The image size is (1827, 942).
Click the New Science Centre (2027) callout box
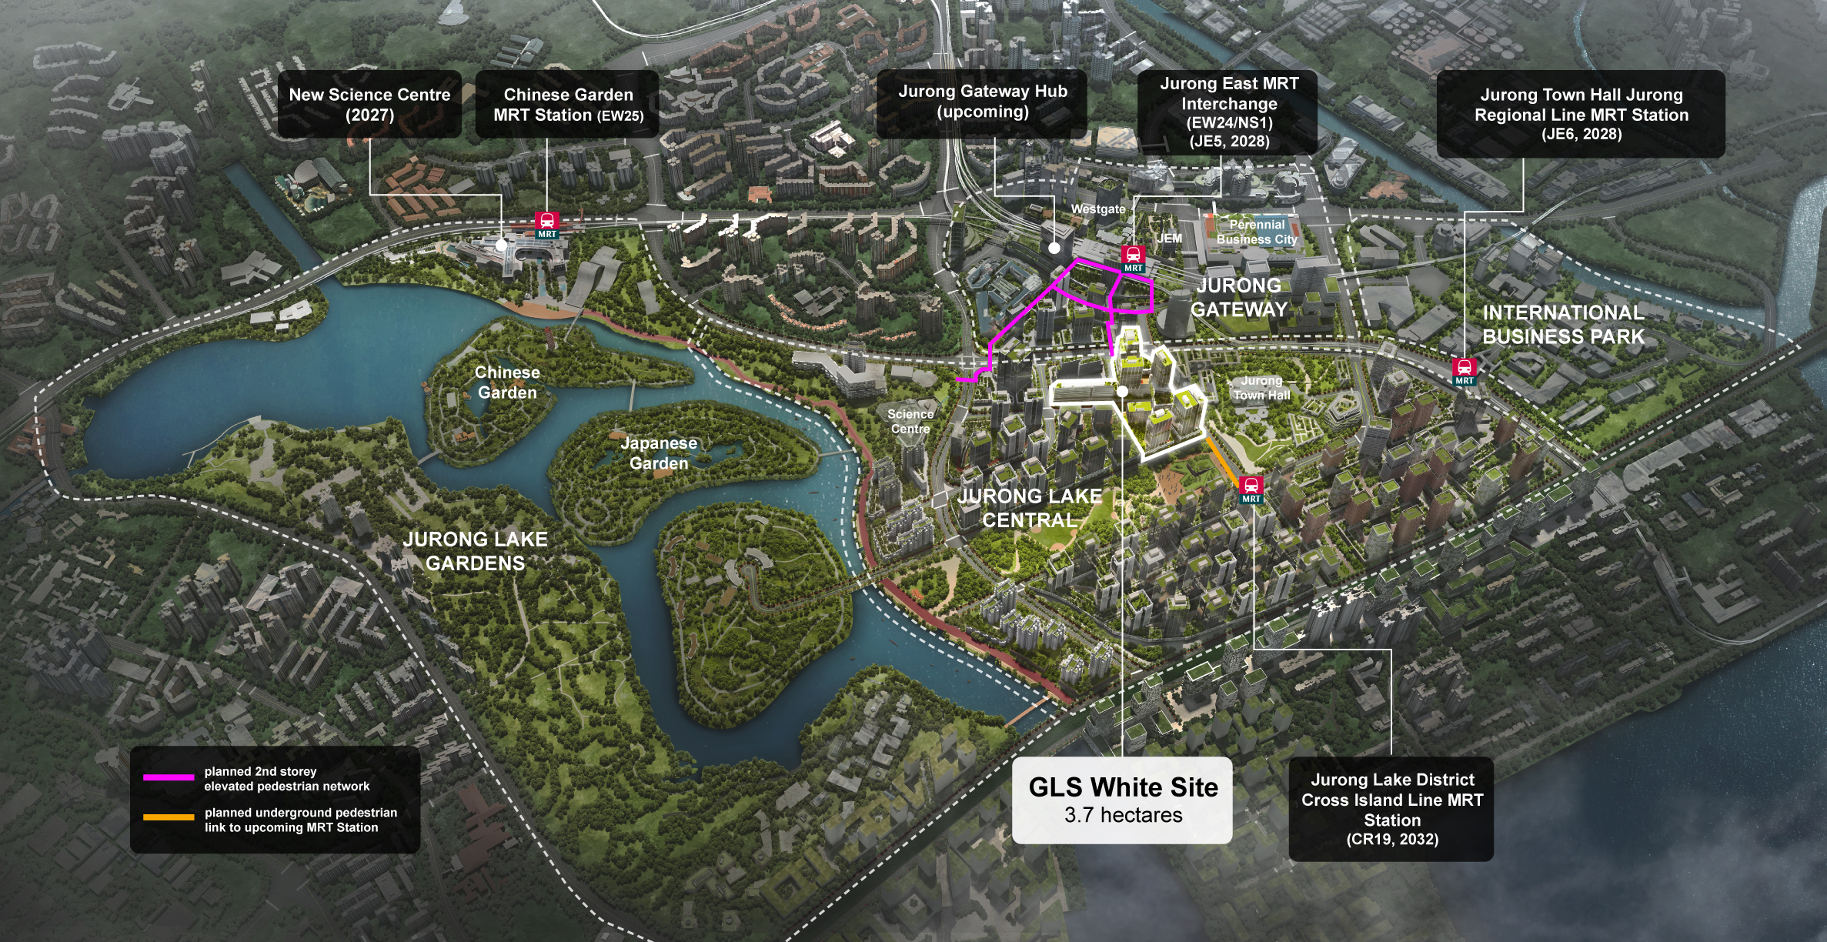(x=369, y=105)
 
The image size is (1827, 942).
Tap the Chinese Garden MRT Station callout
(x=568, y=105)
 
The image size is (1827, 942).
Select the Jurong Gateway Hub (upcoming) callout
(x=982, y=102)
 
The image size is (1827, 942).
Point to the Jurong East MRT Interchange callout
(x=1228, y=112)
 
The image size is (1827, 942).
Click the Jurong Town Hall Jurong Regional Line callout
(x=1581, y=114)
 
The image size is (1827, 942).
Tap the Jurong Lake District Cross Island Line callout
(x=1391, y=809)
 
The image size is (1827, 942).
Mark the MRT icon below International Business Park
(x=1464, y=371)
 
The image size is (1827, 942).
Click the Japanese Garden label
(x=659, y=453)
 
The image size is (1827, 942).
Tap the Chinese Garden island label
(x=507, y=382)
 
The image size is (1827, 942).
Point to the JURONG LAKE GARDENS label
(x=476, y=551)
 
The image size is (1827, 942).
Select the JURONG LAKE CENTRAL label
(x=1030, y=508)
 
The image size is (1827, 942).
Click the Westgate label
(x=1098, y=209)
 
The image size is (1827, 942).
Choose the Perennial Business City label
(x=1257, y=232)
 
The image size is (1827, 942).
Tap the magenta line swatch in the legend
(x=169, y=777)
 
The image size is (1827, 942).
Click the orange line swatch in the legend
(x=169, y=817)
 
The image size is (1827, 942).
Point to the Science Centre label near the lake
(x=910, y=421)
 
